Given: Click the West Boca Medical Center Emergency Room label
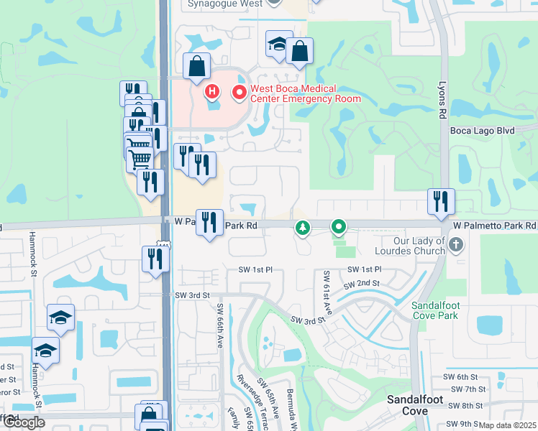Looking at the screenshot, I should (x=305, y=93).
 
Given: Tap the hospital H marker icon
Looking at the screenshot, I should (x=212, y=91).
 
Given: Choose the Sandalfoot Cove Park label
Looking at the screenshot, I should (x=435, y=310).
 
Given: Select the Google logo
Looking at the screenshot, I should (x=24, y=422).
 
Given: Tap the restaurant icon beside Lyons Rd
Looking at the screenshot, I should (x=441, y=200).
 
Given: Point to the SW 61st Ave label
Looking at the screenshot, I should (x=327, y=291).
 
